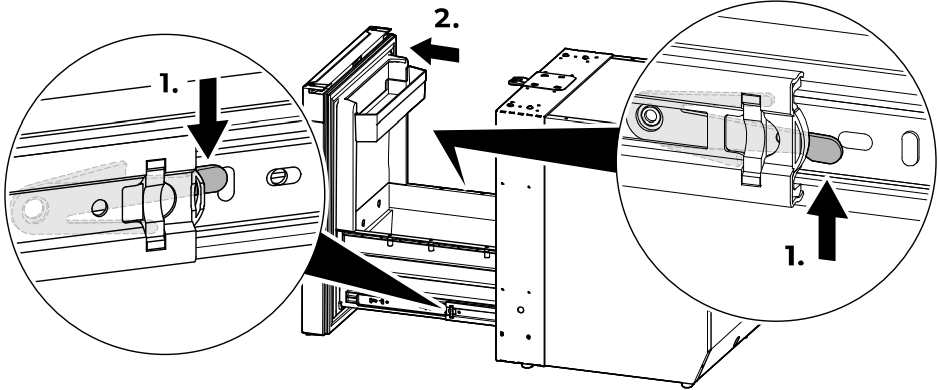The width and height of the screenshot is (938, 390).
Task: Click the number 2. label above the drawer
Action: [446, 19]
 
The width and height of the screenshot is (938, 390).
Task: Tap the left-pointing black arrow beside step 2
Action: [435, 51]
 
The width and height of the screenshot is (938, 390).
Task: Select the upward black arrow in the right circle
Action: [826, 220]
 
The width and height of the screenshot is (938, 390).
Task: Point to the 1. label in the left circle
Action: [169, 84]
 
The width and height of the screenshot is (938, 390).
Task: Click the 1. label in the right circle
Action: [794, 256]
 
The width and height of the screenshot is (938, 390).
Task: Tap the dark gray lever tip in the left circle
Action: [215, 178]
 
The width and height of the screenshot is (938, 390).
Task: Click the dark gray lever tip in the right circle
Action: [824, 147]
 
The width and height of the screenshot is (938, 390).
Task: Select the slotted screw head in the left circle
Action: [278, 176]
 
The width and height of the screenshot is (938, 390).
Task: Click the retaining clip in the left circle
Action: [156, 205]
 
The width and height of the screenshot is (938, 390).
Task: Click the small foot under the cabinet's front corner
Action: [525, 365]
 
